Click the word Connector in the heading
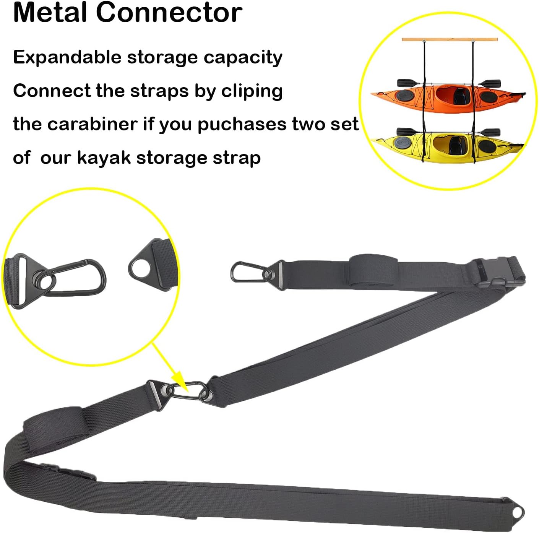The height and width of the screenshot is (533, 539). click(x=169, y=12)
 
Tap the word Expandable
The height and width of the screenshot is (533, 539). click(x=67, y=58)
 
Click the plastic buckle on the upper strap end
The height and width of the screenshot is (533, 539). click(x=493, y=274)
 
